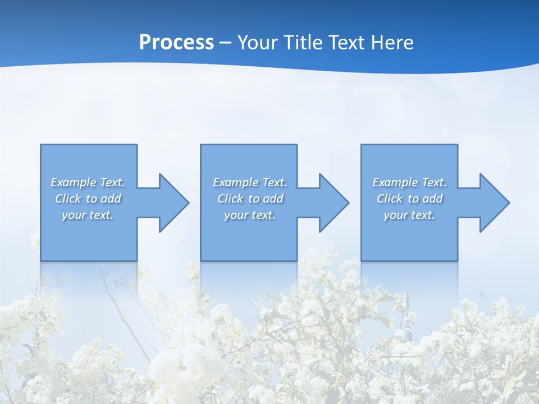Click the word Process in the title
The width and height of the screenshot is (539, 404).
click(x=176, y=43)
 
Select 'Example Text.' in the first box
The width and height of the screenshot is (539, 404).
click(x=88, y=182)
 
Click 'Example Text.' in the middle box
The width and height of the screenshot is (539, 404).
click(x=250, y=182)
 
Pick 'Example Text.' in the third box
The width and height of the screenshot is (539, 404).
click(x=409, y=182)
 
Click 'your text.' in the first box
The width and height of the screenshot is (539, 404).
click(x=88, y=215)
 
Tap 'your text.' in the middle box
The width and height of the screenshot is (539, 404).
click(x=250, y=215)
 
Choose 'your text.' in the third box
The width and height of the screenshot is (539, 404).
click(x=409, y=215)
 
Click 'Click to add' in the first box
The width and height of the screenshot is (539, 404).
click(x=88, y=199)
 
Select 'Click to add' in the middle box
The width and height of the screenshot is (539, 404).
click(x=250, y=199)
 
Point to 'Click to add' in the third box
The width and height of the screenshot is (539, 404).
click(x=409, y=199)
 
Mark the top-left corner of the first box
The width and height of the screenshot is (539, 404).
click(x=41, y=145)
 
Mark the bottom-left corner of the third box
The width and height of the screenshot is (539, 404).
click(x=362, y=260)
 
